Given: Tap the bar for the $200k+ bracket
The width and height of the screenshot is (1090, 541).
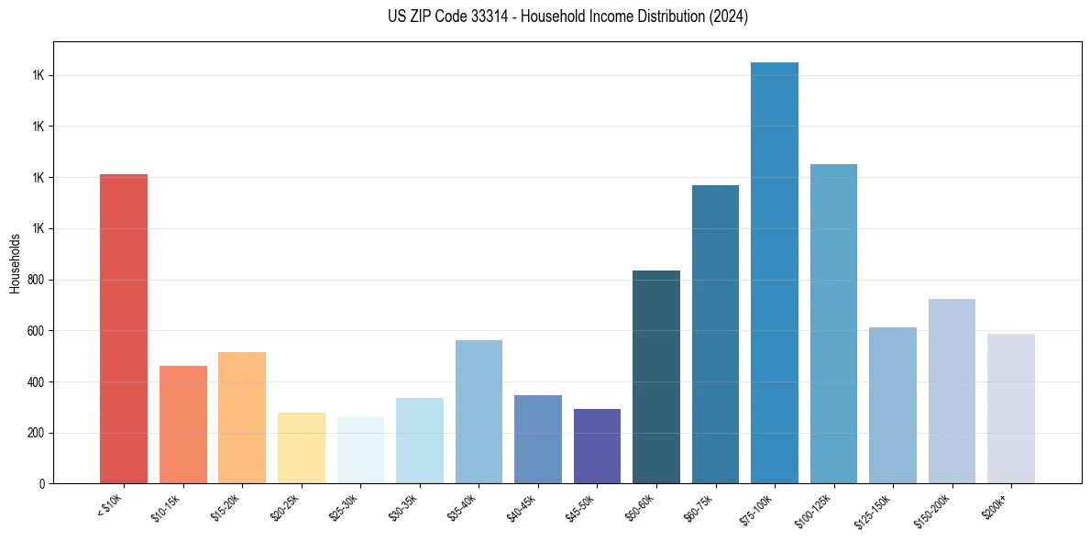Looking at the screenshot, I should coord(1011,408).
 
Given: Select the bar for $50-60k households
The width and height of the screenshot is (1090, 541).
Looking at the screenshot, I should coord(656,377).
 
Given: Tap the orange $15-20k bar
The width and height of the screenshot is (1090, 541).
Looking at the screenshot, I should coord(242,417).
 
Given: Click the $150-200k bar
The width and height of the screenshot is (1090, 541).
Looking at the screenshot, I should coord(952,391).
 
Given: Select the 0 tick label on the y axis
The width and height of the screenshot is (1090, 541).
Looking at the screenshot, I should coord(42,484).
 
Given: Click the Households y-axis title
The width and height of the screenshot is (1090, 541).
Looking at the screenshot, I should coord(16,263).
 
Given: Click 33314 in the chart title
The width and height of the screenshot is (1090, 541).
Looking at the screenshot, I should coord(486,17).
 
